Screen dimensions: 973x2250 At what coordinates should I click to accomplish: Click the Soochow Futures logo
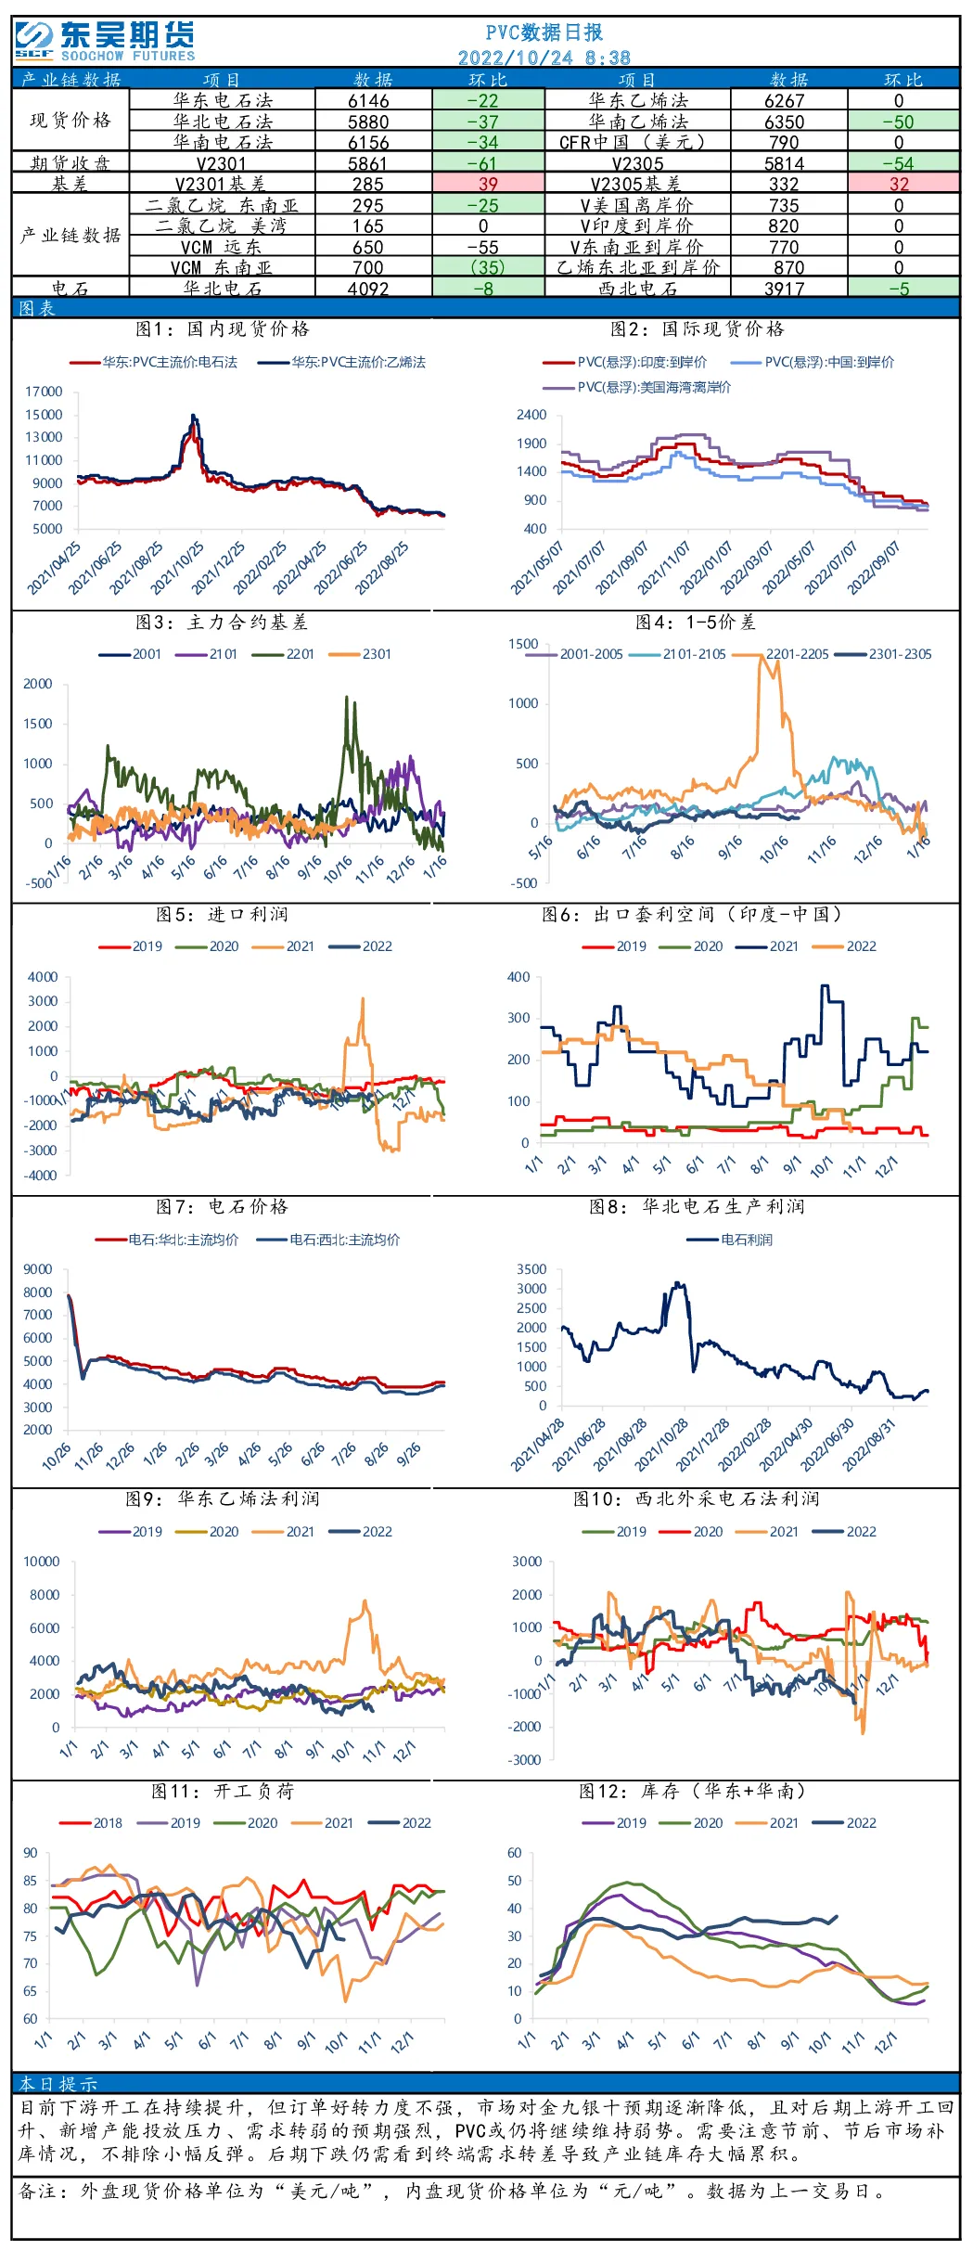105,41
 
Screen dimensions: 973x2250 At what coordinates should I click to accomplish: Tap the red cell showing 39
488,184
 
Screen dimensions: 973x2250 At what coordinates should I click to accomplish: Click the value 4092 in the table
368,289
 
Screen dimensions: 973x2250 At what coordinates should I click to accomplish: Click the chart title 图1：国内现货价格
223,328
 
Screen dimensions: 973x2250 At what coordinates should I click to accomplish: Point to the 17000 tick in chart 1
44,392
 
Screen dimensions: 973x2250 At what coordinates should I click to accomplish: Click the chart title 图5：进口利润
223,915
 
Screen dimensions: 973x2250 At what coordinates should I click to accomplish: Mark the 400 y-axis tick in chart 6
519,977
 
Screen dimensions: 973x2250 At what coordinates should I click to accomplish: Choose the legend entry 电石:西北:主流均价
328,1240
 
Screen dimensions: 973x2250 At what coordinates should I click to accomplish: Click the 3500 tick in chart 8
531,1269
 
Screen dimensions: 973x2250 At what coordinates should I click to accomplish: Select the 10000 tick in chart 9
42,1562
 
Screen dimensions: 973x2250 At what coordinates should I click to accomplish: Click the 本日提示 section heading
58,2083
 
